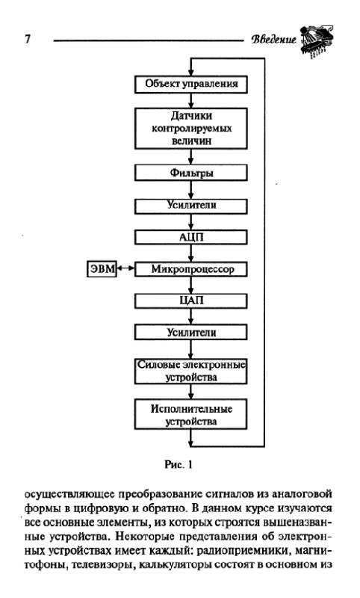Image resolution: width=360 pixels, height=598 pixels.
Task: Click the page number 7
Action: click(x=28, y=39)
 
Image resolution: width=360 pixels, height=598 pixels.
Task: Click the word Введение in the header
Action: click(x=273, y=40)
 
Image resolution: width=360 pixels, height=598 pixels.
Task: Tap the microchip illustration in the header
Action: click(x=317, y=41)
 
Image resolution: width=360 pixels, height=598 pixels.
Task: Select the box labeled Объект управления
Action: click(x=191, y=84)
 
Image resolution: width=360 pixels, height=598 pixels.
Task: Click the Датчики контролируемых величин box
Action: click(x=191, y=128)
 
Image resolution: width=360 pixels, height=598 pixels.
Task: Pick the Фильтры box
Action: click(x=191, y=173)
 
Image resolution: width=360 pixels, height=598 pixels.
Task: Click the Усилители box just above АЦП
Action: click(x=191, y=206)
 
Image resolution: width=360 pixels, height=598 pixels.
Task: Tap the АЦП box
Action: click(x=191, y=238)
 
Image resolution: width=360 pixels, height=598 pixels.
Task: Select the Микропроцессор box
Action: click(x=191, y=269)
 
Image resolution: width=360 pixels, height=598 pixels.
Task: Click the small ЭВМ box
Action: click(x=102, y=269)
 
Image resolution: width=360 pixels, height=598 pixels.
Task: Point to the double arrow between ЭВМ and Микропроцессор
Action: click(x=125, y=268)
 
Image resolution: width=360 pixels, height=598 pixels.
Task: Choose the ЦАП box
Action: click(x=191, y=301)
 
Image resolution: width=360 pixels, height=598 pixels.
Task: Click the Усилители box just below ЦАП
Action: click(x=191, y=333)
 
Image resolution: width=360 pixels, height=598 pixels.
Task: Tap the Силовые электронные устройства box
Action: click(x=191, y=371)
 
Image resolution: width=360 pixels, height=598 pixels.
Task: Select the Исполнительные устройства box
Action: click(x=191, y=415)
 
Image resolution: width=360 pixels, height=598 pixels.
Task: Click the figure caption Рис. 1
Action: click(x=179, y=464)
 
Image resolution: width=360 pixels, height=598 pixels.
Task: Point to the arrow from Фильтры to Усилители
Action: click(x=191, y=190)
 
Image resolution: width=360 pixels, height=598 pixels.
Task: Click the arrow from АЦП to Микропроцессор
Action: click(x=191, y=253)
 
